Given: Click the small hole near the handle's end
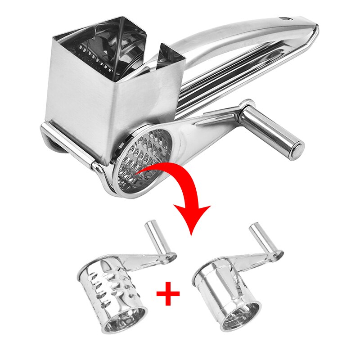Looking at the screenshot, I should (x=283, y=19).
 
